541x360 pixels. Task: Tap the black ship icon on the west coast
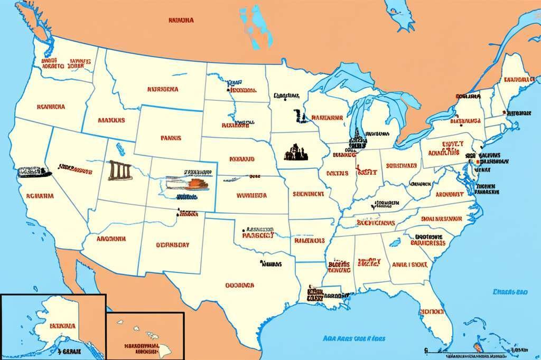(x=33, y=172)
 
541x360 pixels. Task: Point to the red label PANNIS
(x=171, y=138)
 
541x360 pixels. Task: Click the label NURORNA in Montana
(x=163, y=90)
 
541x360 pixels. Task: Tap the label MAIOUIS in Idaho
(x=111, y=120)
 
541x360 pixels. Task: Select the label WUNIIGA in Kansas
(x=251, y=195)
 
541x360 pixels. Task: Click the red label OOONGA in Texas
(x=240, y=285)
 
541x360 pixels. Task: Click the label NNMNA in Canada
(x=181, y=21)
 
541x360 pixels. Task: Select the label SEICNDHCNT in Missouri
(x=308, y=194)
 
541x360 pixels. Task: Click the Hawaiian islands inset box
(x=145, y=336)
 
